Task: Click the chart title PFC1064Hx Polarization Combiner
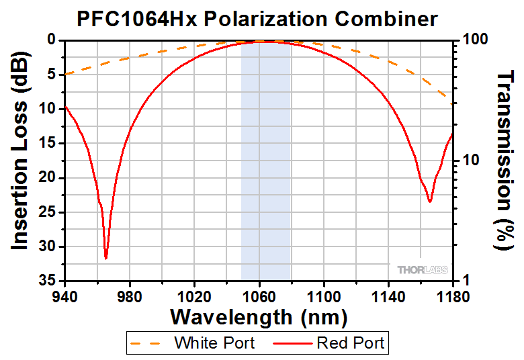point(257,18)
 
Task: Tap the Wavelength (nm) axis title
point(259,316)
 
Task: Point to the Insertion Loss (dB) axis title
point(20,161)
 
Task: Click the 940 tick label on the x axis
point(64,294)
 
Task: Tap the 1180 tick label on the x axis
point(453,294)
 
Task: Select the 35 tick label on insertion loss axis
point(50,280)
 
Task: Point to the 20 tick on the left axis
point(50,177)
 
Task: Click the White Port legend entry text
point(214,343)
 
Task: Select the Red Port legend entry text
point(351,343)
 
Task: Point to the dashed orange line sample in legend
point(150,343)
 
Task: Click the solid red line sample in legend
point(293,343)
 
